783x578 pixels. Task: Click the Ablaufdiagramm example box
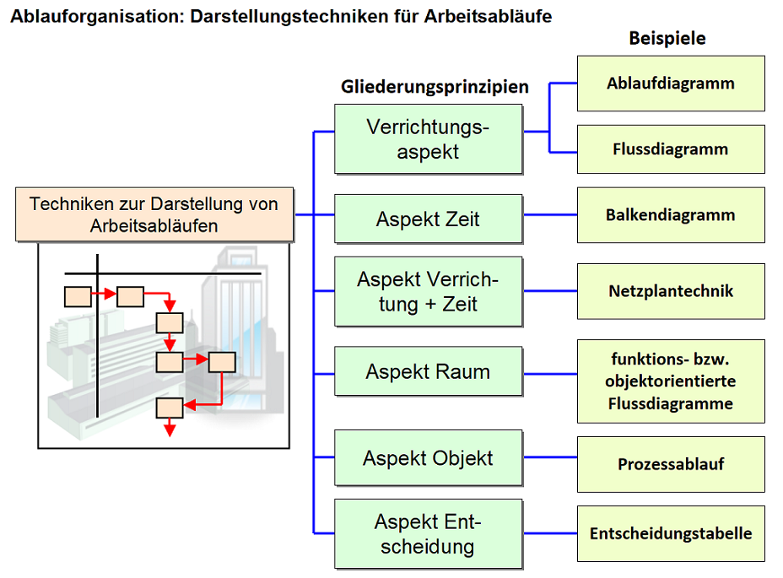point(671,84)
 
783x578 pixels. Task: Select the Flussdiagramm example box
point(671,149)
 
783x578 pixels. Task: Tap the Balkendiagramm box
point(671,215)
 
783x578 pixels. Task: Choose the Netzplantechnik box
point(671,291)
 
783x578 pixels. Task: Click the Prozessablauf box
point(671,464)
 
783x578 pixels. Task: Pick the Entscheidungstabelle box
point(671,533)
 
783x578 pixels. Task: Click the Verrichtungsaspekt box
point(428,139)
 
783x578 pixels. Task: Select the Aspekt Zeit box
point(428,219)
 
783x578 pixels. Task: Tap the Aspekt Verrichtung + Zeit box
point(428,291)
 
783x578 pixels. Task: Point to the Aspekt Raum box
point(428,372)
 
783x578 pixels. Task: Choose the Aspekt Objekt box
point(428,458)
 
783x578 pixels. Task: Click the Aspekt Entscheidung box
point(428,533)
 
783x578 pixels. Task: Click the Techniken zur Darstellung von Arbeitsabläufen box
point(154,214)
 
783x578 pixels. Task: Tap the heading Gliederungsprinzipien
point(435,87)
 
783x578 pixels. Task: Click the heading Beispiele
point(667,38)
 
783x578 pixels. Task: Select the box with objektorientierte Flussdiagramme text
point(671,381)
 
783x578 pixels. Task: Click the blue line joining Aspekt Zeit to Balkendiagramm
point(550,215)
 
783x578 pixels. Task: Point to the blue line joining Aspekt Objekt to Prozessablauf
point(550,458)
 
